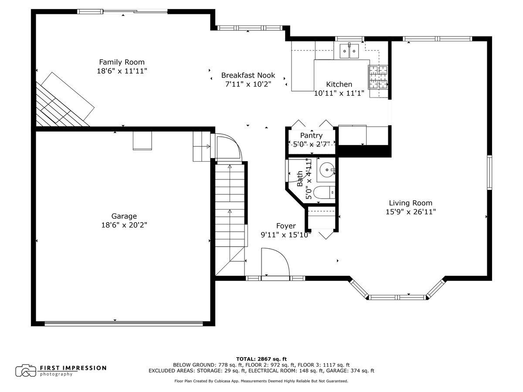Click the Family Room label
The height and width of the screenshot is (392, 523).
pyautogui.click(x=122, y=62)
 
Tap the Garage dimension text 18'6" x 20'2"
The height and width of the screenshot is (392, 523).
pyautogui.click(x=124, y=225)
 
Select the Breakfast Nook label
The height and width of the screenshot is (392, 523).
pyautogui.click(x=248, y=75)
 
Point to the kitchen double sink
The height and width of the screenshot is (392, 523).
pyautogui.click(x=349, y=51)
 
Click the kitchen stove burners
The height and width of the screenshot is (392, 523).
pyautogui.click(x=378, y=77)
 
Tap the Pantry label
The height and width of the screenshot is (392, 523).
pyautogui.click(x=311, y=135)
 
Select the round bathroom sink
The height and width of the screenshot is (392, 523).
pyautogui.click(x=327, y=170)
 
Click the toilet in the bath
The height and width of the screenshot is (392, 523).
pyautogui.click(x=324, y=193)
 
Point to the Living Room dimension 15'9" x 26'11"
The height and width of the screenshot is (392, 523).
pyautogui.click(x=411, y=212)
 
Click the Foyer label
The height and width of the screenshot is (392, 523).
pyautogui.click(x=286, y=226)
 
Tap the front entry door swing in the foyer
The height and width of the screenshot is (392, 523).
pyautogui.click(x=275, y=262)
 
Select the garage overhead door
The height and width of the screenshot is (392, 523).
pyautogui.click(x=124, y=324)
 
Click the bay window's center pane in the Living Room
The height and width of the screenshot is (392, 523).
pyautogui.click(x=397, y=297)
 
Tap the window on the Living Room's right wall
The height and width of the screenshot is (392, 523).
pyautogui.click(x=489, y=172)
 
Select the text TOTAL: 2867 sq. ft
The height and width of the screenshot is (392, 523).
pyautogui.click(x=261, y=359)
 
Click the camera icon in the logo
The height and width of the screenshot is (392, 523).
pyautogui.click(x=26, y=371)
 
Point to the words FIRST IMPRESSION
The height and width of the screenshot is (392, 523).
pyautogui.click(x=73, y=368)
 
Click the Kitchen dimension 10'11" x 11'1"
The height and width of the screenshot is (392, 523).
pyautogui.click(x=339, y=93)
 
